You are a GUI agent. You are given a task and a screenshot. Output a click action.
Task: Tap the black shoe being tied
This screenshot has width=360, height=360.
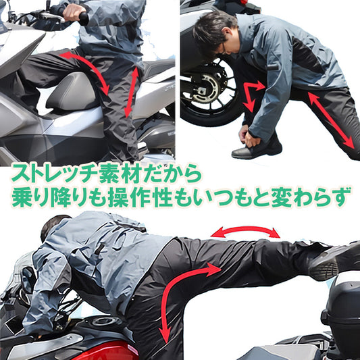(257, 149)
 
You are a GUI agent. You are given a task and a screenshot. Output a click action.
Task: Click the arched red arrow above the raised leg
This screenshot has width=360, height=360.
(245, 232)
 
